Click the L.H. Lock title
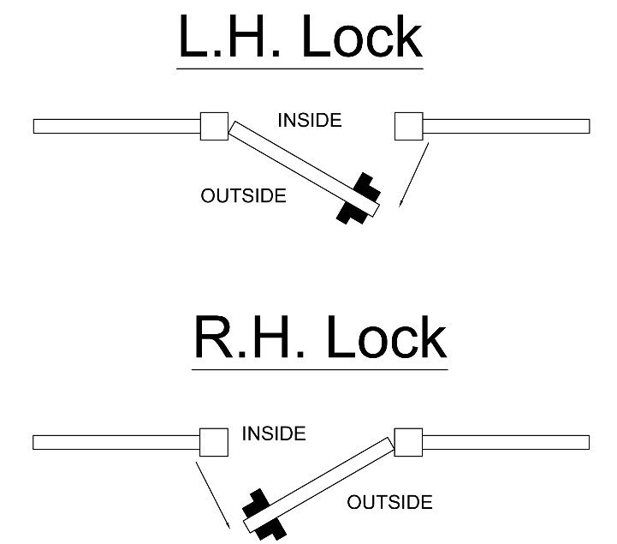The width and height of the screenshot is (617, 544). point(300,38)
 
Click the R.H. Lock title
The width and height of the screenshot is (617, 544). point(319,338)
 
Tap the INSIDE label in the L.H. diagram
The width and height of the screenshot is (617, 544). point(309,121)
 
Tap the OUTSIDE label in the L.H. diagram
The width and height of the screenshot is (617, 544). point(243,196)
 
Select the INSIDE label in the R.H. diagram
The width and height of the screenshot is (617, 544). point(274,434)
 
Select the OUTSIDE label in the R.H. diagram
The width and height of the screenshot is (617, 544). point(389,502)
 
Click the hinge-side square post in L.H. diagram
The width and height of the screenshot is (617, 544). point(214,126)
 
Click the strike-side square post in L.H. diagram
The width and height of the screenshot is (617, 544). point(409,126)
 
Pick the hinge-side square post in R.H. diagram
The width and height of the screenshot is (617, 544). point(407,442)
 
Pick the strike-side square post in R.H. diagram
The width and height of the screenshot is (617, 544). point(213,442)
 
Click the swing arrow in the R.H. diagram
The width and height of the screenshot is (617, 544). point(212,494)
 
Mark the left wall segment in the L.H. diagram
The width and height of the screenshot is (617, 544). point(116,127)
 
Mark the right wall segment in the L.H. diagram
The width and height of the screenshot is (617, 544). point(506,127)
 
